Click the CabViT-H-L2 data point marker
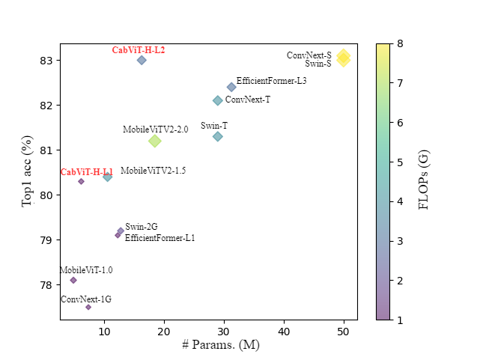click(142, 60)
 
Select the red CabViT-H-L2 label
click(139, 50)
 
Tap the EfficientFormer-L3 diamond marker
click(231, 88)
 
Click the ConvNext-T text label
click(248, 100)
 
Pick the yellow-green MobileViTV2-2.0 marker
click(155, 141)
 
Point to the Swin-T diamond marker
click(217, 136)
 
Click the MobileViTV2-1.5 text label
click(153, 171)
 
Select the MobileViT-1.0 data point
click(73, 280)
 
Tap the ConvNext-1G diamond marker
click(88, 307)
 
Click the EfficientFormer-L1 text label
click(160, 238)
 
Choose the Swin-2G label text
click(142, 227)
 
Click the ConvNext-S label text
click(309, 55)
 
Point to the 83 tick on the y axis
click(47, 60)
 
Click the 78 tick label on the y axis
click(47, 285)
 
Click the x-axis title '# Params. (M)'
click(220, 345)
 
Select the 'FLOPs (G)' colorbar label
click(424, 179)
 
